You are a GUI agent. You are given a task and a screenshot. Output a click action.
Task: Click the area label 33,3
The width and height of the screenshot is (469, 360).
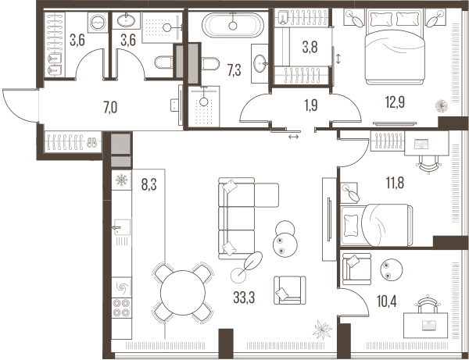coord(244,298)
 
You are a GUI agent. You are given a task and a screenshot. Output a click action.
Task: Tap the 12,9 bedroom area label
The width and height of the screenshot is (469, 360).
coord(395,102)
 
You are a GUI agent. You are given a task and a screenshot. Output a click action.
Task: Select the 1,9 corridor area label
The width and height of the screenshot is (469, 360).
coord(311,105)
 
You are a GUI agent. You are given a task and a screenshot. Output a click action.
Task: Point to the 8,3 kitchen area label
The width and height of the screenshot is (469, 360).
coord(149,185)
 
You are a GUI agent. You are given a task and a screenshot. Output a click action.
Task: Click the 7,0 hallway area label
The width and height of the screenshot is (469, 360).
coord(110,108)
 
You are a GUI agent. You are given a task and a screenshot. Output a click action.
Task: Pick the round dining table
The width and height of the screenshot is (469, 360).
coord(183,293)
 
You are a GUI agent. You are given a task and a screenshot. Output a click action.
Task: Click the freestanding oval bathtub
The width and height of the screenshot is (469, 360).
coord(233,25)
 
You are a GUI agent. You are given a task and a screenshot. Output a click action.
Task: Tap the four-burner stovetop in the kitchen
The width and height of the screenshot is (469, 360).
coord(122,308)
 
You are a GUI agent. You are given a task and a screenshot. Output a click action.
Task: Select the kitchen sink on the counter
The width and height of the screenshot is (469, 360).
coord(122,228)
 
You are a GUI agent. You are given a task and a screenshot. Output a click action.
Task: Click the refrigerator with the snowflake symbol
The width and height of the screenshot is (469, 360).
coord(121,180)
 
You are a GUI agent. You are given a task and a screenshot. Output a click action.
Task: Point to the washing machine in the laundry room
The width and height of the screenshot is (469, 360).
coord(98,23)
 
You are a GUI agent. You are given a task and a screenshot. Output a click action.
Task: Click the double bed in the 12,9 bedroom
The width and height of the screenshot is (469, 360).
coord(395,47)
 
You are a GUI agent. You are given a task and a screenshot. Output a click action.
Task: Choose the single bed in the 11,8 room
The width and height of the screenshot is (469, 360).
coord(377,225)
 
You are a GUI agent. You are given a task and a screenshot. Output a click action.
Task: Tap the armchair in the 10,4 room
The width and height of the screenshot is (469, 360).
coord(356,269)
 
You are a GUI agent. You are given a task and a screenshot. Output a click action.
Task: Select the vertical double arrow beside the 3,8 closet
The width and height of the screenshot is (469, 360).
coord(338,59)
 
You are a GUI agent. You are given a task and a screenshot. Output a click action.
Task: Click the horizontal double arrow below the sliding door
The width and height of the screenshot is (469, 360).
coord(293,137)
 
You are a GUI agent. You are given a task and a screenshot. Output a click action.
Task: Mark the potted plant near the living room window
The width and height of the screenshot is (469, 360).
coord(322,330)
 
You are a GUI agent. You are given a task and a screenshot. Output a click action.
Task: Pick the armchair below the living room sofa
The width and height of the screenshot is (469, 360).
coord(290,290)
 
